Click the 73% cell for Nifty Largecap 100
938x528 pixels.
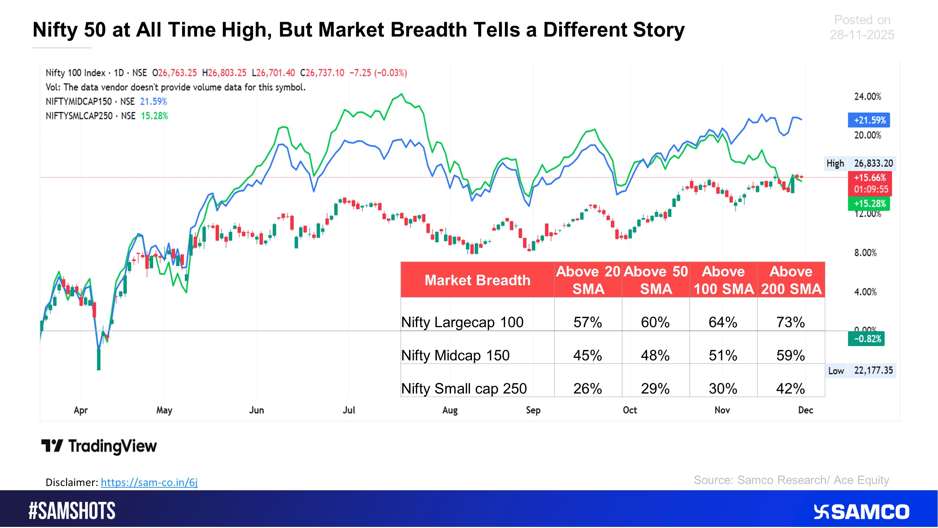790,322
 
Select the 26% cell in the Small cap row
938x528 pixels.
587,388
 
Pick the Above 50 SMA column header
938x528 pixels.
656,280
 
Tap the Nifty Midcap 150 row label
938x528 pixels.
455,355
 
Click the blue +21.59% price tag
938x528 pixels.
869,120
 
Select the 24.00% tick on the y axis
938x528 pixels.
867,96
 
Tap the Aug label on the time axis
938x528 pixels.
450,410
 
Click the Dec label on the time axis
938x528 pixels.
805,410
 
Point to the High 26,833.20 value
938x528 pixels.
873,164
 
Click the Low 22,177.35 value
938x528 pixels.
873,371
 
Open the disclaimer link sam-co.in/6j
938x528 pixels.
149,482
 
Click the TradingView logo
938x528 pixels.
99,446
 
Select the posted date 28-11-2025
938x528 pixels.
862,35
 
